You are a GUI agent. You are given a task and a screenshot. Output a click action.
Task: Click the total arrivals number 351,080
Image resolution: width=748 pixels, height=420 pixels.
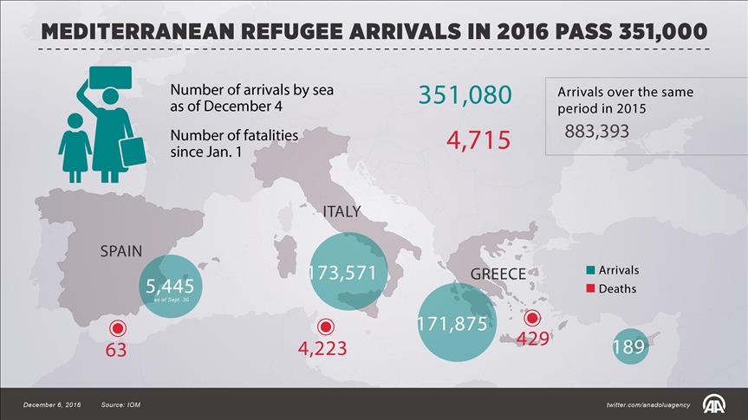pos(465,95)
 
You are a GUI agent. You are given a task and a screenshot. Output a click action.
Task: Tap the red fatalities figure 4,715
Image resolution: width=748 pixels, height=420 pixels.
pos(478,139)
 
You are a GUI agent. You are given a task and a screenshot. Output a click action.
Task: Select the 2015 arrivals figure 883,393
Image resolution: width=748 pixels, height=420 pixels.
pos(596,132)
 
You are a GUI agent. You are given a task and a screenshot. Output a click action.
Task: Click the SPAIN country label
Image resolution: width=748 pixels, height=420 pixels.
pos(121,251)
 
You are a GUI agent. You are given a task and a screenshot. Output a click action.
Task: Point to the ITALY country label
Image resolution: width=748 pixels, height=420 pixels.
pos(341,212)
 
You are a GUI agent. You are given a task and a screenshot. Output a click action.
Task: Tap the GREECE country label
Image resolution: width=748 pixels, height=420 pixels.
pos(498,275)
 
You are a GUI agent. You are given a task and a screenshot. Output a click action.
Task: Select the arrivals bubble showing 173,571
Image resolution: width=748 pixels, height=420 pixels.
pos(343,273)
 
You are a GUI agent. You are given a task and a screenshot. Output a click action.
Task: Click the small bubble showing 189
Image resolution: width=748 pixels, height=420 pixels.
pos(628,346)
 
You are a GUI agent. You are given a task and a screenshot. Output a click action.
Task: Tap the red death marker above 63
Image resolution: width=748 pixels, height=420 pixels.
pos(117,328)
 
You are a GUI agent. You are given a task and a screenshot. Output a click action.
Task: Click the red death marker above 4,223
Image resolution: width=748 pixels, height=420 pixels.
pos(326,326)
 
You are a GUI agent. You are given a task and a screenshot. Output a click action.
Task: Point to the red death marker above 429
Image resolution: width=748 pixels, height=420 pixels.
pos(532,318)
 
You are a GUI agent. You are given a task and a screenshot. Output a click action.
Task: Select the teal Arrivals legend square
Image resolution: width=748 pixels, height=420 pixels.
pos(589,271)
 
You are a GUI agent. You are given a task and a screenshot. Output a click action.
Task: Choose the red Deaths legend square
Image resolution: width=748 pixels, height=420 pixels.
pos(589,288)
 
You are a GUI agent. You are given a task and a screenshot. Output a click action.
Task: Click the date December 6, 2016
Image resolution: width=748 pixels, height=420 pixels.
pos(51,405)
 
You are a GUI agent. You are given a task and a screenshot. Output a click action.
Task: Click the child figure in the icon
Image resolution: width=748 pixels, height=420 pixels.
pos(75,145)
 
